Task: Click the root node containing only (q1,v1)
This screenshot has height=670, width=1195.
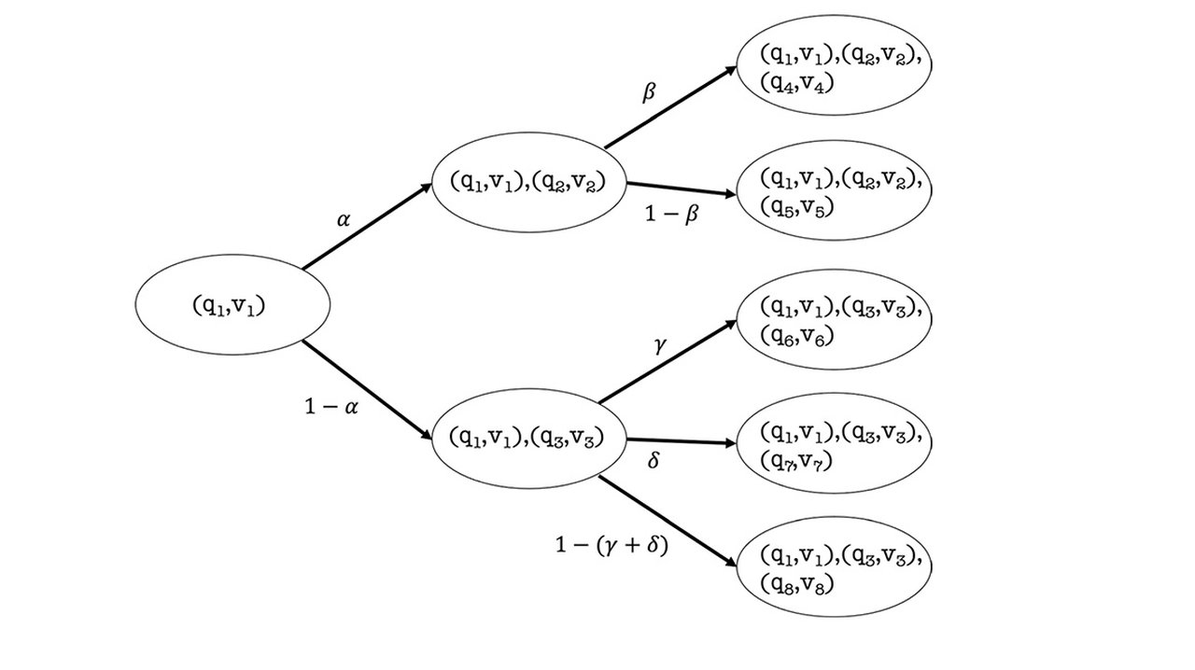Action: point(233,305)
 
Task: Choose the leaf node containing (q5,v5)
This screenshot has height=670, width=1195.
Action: point(835,191)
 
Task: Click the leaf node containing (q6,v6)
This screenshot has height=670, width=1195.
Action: point(835,319)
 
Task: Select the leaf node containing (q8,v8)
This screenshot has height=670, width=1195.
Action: point(835,570)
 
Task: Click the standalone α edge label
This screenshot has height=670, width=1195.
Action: point(343,221)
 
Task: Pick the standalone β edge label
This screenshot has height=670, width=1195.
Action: point(650,92)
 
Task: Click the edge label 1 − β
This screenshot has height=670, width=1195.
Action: point(672,214)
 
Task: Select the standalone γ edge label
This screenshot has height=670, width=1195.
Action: point(659,345)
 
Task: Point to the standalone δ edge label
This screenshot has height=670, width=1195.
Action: point(653,461)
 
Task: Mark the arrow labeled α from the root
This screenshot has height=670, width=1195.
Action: point(367,226)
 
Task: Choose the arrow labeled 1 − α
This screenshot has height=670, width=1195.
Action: point(367,389)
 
